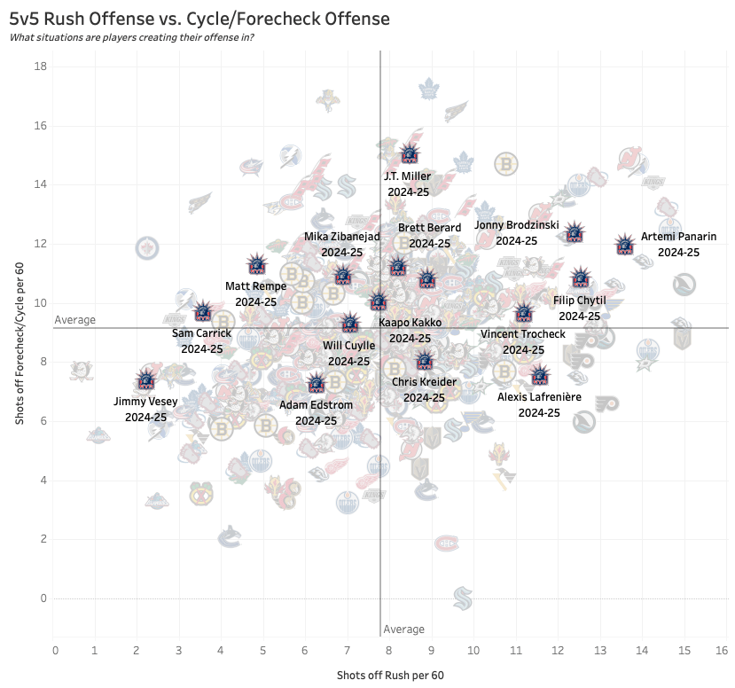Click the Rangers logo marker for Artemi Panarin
click(x=625, y=245)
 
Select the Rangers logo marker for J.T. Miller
click(x=409, y=152)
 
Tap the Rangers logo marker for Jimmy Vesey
click(x=146, y=380)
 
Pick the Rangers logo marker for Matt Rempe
click(x=256, y=263)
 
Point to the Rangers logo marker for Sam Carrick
click(x=203, y=310)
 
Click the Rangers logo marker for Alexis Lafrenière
click(x=539, y=375)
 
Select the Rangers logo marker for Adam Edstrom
click(x=317, y=383)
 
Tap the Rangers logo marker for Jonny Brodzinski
click(x=575, y=233)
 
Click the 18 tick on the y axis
click(x=42, y=67)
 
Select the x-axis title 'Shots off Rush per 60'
click(x=390, y=676)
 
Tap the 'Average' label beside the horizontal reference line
click(x=74, y=320)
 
